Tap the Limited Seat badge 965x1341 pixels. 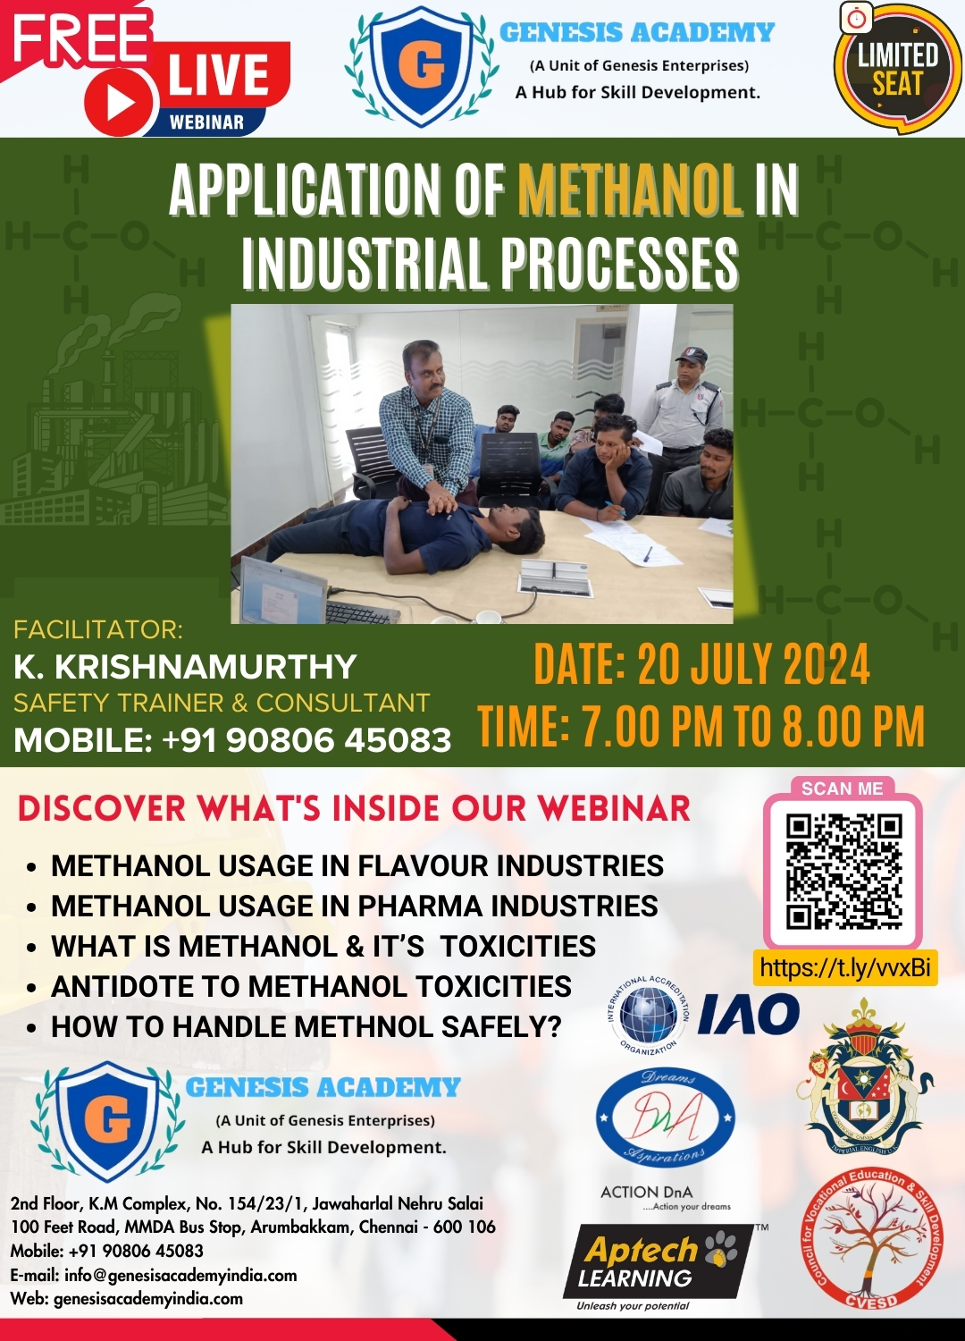click(x=897, y=70)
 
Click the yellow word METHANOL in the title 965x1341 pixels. click(x=630, y=190)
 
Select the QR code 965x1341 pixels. click(x=843, y=871)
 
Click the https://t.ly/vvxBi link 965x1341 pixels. click(x=845, y=967)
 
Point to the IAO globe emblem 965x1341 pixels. click(x=649, y=1015)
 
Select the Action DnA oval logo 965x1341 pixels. click(x=665, y=1117)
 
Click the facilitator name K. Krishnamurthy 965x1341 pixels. click(x=185, y=667)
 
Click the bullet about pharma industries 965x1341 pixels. click(x=354, y=906)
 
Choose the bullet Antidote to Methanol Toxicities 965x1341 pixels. click(x=311, y=986)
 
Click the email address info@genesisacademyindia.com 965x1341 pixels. click(x=180, y=1275)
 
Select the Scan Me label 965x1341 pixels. click(x=842, y=789)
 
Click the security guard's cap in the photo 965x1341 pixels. click(x=691, y=355)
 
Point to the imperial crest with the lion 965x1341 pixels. click(x=863, y=1077)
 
